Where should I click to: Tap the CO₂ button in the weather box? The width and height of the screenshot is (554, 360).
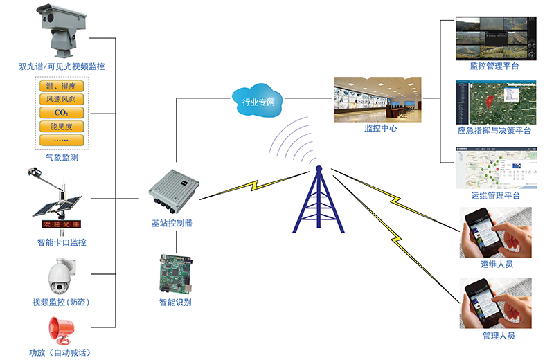point(60,113)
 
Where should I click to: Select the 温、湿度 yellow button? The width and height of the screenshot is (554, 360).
point(60,87)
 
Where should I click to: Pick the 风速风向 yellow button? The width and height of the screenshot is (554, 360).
point(60,100)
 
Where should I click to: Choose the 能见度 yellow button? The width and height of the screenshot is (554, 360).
point(60,127)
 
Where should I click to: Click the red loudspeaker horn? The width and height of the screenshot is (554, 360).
point(60,332)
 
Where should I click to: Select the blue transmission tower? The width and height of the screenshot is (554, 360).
point(318,200)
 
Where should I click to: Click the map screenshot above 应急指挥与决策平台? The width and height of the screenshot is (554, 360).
point(494,102)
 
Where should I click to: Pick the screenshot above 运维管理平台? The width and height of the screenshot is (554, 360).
point(494,167)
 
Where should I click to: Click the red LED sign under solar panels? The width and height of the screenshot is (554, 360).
point(59,226)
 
